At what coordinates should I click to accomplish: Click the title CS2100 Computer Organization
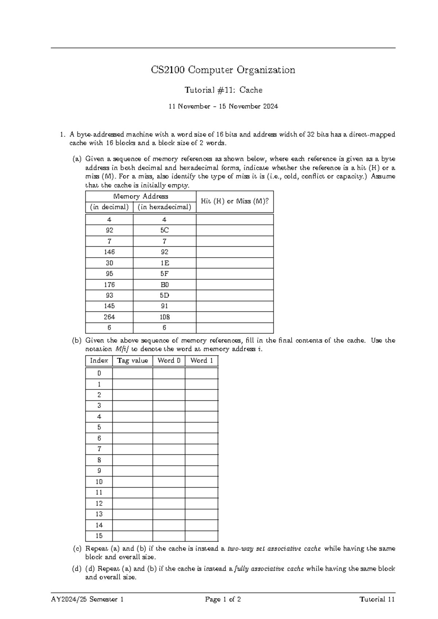pyautogui.click(x=223, y=70)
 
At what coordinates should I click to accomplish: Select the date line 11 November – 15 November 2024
pyautogui.click(x=223, y=107)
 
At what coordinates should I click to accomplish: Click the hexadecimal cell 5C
pyautogui.click(x=164, y=230)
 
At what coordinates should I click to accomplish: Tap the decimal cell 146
pyautogui.click(x=109, y=252)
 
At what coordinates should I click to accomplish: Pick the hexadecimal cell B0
pyautogui.click(x=164, y=284)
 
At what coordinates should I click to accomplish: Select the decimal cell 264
pyautogui.click(x=109, y=317)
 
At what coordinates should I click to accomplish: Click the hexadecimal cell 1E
pyautogui.click(x=164, y=263)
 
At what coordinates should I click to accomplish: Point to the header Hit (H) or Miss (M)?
pyautogui.click(x=235, y=201)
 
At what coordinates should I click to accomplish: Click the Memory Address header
pyautogui.click(x=141, y=196)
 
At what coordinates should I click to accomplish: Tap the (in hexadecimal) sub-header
pyautogui.click(x=164, y=207)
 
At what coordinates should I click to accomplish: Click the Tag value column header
pyautogui.click(x=132, y=361)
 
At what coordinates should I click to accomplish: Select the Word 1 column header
pyautogui.click(x=201, y=361)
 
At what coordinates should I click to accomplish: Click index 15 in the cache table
pyautogui.click(x=99, y=536)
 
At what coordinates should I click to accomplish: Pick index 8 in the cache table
pyautogui.click(x=99, y=460)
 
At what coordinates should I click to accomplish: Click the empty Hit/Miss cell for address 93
pyautogui.click(x=235, y=295)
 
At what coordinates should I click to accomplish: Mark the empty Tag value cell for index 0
pyautogui.click(x=132, y=373)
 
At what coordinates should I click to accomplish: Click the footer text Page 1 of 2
pyautogui.click(x=223, y=599)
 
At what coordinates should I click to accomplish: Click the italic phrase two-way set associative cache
pyautogui.click(x=274, y=549)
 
